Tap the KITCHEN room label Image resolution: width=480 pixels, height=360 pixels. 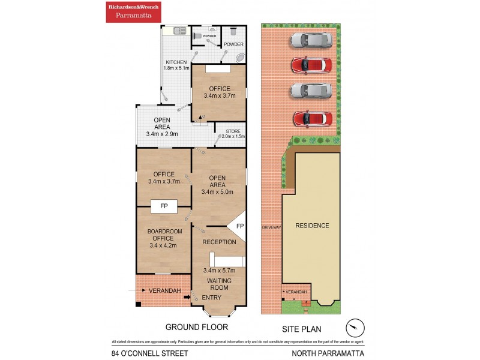pyautogui.click(x=176, y=62)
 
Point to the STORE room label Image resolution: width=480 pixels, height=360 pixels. pyautogui.click(x=233, y=131)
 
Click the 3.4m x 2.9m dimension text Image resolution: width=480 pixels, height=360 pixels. pyautogui.click(x=162, y=134)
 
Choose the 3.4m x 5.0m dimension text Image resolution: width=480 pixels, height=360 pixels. pyautogui.click(x=217, y=192)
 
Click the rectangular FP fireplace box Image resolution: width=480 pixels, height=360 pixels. pyautogui.click(x=163, y=206)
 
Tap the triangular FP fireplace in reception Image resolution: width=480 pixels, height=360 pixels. pyautogui.click(x=239, y=226)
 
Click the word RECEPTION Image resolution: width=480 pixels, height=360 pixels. pyautogui.click(x=219, y=242)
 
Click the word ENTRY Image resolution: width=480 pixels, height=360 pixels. pyautogui.click(x=212, y=298)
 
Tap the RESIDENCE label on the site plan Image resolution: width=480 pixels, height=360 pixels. pyautogui.click(x=312, y=226)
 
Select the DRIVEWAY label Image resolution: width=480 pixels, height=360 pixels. pyautogui.click(x=272, y=227)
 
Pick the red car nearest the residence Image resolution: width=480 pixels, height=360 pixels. pyautogui.click(x=312, y=119)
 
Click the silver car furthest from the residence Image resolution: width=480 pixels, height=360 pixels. pyautogui.click(x=311, y=40)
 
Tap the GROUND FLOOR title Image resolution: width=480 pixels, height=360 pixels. pyautogui.click(x=197, y=327)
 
